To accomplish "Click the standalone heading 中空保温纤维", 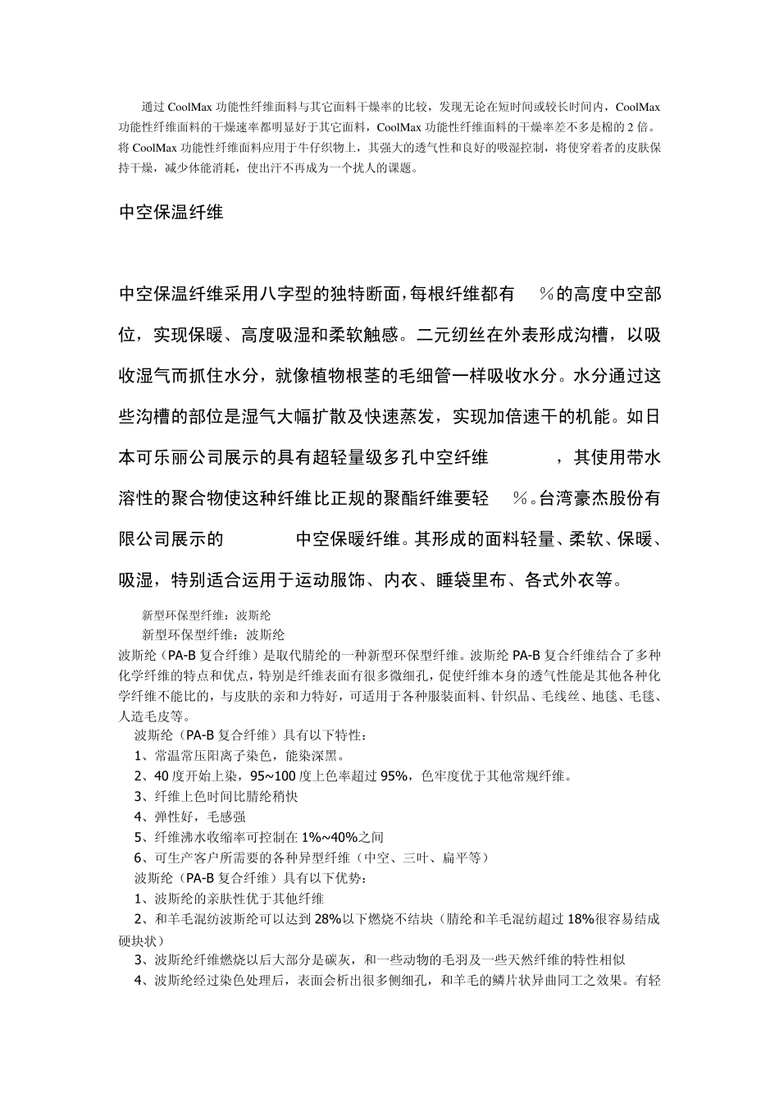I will [171, 213].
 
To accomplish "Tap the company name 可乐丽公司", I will [197, 458].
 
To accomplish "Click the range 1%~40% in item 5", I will [330, 838].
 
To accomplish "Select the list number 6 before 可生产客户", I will [139, 858].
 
